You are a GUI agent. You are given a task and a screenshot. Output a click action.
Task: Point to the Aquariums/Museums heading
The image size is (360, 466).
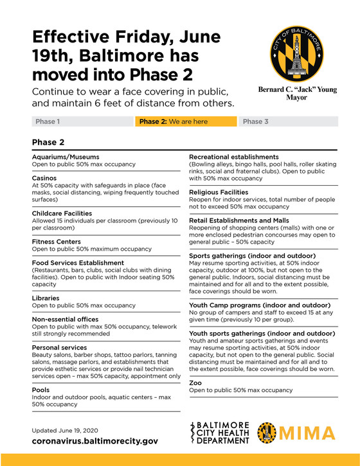66,157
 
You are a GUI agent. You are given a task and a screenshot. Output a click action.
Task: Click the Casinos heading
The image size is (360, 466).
46,177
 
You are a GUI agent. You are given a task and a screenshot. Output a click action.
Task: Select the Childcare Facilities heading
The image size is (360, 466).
62,213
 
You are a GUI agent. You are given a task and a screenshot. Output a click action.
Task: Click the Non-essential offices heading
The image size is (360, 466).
65,319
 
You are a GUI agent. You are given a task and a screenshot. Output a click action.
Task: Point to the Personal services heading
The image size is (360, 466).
60,347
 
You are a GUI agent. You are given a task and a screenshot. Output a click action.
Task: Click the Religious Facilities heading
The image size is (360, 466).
219,192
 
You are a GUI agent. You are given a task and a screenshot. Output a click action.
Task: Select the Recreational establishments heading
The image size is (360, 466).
233,157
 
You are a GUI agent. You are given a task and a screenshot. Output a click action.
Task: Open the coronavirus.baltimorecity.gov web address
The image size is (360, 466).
94,442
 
